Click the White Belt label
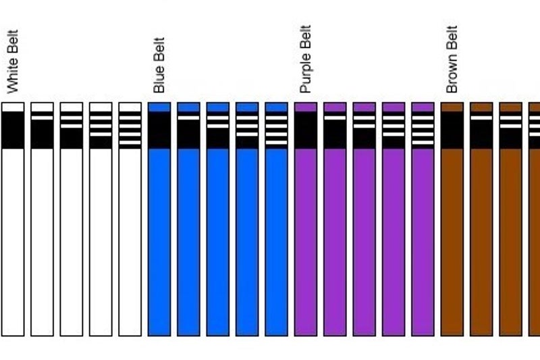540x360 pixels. tap(13, 61)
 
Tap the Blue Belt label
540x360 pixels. tap(159, 66)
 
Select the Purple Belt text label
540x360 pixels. tap(306, 59)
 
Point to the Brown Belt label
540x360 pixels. tap(452, 59)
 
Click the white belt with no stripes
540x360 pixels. tap(13, 236)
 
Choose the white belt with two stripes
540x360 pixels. tap(72, 236)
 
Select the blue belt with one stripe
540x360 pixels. tap(189, 236)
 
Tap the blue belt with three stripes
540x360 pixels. tap(247, 236)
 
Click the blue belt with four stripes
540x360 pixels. tap(277, 236)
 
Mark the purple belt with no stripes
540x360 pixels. tap(306, 236)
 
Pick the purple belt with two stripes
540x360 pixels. tap(364, 236)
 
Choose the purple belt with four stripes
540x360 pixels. tap(423, 236)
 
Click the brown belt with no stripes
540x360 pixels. tap(452, 236)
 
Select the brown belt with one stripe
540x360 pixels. tap(481, 236)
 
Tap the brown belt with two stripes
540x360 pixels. tap(511, 236)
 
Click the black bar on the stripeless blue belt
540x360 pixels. tap(159, 130)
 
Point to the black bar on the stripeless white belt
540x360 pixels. tap(13, 130)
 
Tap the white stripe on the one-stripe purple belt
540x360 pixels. tap(335, 118)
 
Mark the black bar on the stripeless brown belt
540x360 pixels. tap(452, 130)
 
